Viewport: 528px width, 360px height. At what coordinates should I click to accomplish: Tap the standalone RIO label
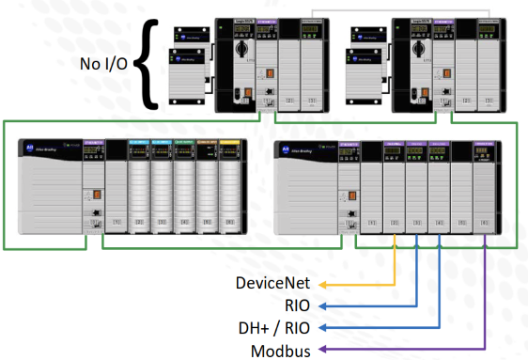[299, 305]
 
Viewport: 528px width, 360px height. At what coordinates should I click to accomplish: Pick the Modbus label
[284, 350]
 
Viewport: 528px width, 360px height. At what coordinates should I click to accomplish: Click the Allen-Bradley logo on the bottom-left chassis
[34, 150]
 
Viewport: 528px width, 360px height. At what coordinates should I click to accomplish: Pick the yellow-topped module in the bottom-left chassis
[230, 183]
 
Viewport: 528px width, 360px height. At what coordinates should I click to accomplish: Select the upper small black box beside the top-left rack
[191, 39]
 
